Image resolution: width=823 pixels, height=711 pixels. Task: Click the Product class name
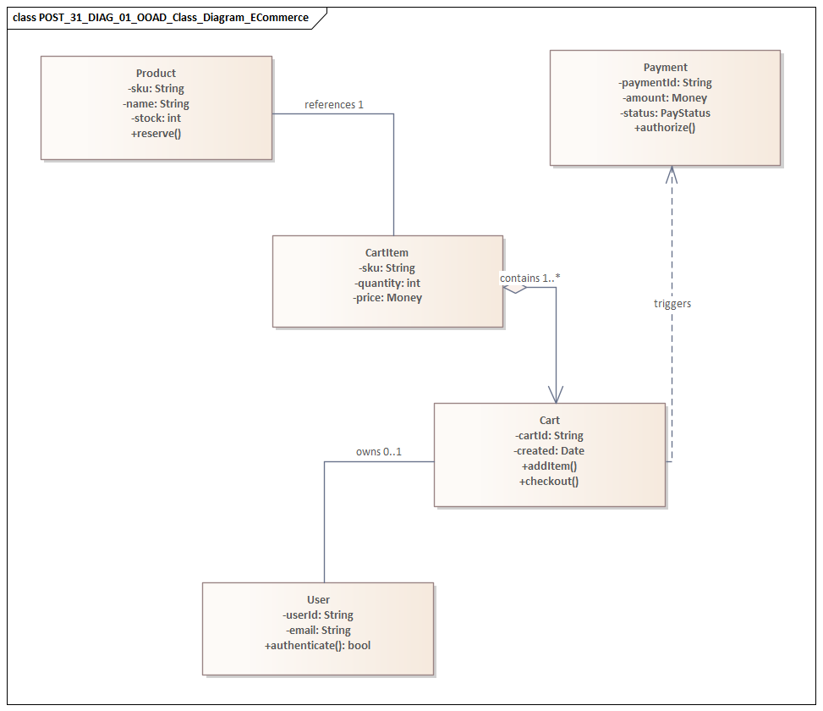click(156, 74)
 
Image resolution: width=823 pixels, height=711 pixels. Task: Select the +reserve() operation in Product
click(156, 134)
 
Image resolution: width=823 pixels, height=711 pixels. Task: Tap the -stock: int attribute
click(156, 118)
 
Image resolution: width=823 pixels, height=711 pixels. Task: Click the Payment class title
click(665, 68)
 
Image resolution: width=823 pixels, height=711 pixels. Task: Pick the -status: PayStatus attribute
click(665, 113)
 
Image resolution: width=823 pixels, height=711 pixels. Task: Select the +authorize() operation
click(665, 128)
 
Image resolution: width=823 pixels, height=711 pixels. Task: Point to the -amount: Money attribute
click(665, 98)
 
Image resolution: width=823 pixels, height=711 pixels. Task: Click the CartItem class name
click(387, 253)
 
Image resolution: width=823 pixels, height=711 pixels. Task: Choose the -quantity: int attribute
click(387, 283)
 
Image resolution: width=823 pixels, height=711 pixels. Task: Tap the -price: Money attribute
click(387, 298)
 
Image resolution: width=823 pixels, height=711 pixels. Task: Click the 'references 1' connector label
click(334, 105)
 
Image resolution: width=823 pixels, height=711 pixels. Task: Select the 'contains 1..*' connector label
click(530, 278)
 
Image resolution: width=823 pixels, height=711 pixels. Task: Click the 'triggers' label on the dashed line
click(672, 304)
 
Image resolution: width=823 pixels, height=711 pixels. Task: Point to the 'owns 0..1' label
click(378, 452)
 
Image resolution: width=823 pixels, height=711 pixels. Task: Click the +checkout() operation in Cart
click(549, 482)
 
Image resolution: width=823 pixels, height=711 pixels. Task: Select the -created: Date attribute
click(549, 451)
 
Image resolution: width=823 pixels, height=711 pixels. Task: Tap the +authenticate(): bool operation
click(318, 646)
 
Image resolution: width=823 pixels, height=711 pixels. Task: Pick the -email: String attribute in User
click(318, 631)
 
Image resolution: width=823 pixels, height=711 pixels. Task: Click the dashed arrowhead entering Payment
click(672, 173)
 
